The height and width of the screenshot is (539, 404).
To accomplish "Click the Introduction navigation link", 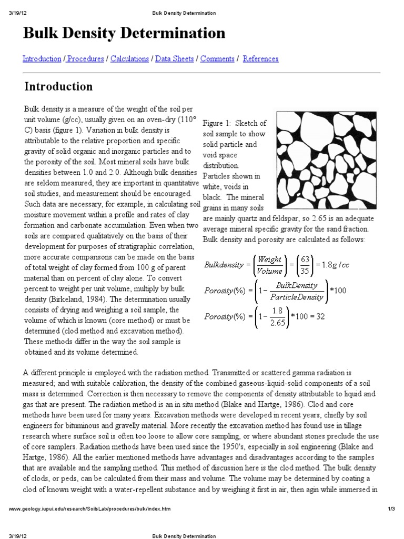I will [42, 59].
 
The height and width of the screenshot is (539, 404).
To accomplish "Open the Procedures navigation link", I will [85, 59].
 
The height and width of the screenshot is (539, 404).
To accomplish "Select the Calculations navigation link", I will [129, 59].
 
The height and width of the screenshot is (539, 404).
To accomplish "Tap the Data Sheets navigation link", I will [175, 59].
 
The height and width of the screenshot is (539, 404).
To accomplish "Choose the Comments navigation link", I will [217, 59].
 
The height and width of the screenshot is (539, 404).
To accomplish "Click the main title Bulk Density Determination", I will [124, 34].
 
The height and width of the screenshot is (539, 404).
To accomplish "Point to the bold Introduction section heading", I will [59, 86].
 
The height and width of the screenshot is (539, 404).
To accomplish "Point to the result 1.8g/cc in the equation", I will [337, 265].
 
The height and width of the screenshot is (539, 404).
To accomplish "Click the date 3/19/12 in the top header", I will [18, 13].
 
